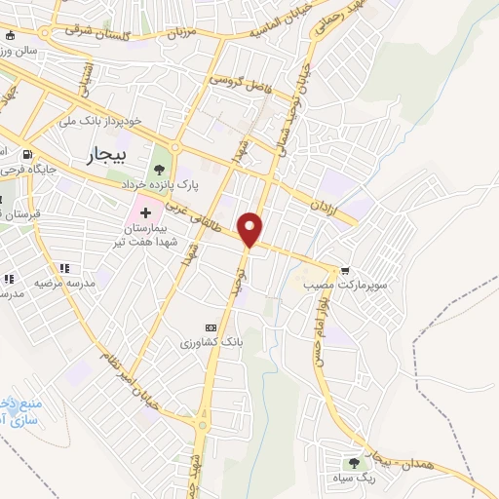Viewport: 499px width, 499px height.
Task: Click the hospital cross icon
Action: (145, 211)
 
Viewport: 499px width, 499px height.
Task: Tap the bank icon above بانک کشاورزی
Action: (209, 327)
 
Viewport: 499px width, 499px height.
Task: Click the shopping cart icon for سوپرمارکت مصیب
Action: (345, 271)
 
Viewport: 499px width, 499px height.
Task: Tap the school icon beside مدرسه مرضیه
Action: (65, 268)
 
